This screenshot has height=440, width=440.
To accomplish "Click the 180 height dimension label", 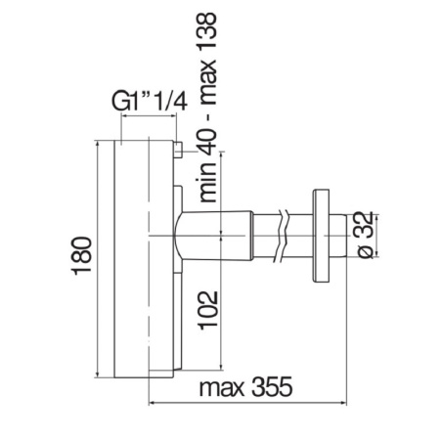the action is point(82,256).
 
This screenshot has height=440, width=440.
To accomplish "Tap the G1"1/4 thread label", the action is point(150,102).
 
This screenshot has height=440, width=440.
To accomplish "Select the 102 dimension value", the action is point(208,311).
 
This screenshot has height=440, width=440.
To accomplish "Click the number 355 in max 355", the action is point(273,387).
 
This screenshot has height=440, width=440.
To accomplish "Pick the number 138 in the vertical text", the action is point(207,30).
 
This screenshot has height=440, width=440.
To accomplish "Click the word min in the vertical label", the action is point(207,182).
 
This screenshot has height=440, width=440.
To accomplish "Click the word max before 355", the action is point(222,388).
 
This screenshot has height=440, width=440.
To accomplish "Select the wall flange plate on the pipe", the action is point(321,236).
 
